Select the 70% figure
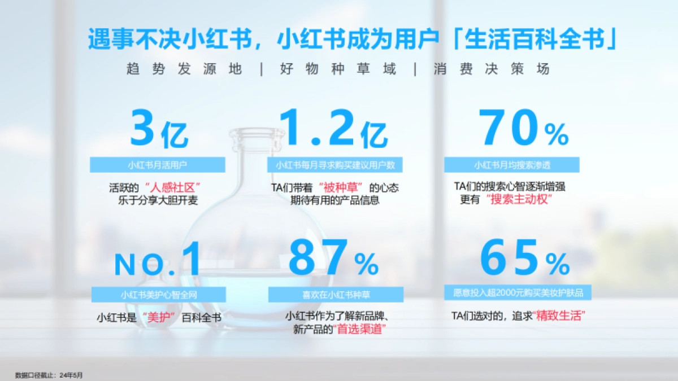[x=523, y=130]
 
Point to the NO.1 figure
[x=158, y=261]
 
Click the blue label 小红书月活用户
[x=157, y=165]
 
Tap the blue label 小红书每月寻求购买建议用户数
[x=335, y=165]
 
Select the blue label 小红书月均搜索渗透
[x=512, y=165]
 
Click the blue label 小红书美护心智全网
[x=158, y=295]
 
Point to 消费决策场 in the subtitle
[x=492, y=69]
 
